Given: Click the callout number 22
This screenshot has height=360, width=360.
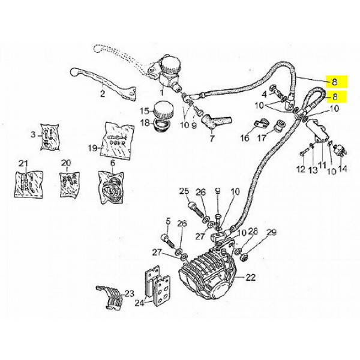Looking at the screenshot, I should point(250,277).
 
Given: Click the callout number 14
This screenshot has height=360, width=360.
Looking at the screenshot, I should point(343,169).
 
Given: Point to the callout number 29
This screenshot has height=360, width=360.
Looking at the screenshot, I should point(271,233).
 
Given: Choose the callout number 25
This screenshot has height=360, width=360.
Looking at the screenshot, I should point(184,191).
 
